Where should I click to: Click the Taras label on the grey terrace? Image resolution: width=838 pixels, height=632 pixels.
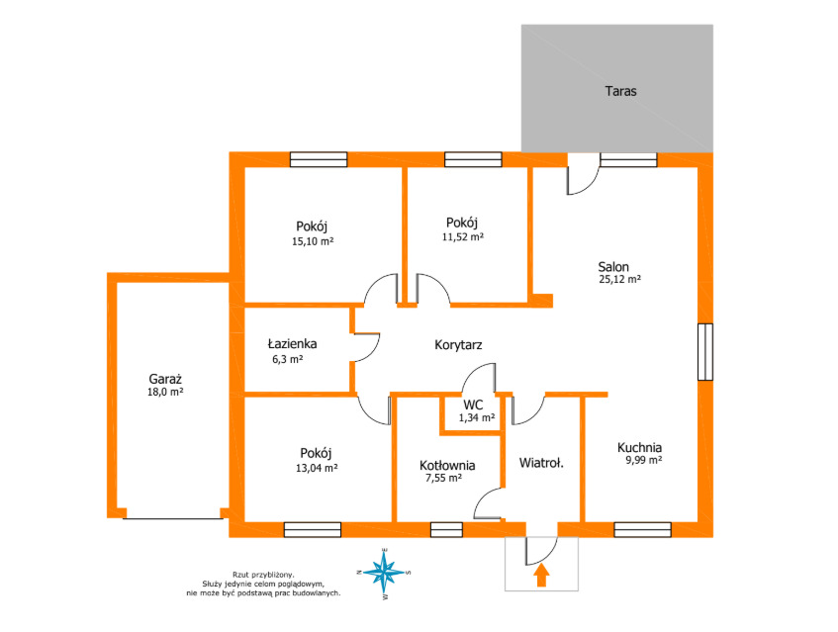[x=620, y=91]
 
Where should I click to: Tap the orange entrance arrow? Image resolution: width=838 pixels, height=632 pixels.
[x=541, y=576]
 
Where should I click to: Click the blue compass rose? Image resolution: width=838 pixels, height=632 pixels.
[x=383, y=573]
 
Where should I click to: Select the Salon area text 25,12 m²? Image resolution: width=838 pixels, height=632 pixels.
[x=620, y=279]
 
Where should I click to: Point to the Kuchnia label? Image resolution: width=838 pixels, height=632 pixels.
[x=639, y=447]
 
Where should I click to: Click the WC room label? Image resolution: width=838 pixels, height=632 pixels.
[x=473, y=405]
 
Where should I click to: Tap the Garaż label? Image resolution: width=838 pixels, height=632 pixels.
[x=165, y=379]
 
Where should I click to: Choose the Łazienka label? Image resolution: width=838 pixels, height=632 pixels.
[x=292, y=343]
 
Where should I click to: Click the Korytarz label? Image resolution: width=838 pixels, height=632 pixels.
[x=458, y=345]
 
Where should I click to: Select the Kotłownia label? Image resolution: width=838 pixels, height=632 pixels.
[x=447, y=465]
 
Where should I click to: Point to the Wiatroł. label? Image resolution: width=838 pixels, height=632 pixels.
[x=541, y=463]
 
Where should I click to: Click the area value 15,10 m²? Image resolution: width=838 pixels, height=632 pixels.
[x=313, y=241]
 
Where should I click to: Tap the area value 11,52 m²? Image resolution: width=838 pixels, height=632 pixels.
[x=463, y=236]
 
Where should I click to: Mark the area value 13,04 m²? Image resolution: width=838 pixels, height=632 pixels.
[x=317, y=468]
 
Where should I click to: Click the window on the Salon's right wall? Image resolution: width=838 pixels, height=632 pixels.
[x=704, y=351]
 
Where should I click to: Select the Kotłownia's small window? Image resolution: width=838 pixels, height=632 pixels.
[x=446, y=529]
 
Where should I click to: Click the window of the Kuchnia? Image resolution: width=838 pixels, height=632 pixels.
[x=642, y=529]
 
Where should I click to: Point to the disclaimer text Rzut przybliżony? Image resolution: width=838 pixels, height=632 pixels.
[x=263, y=575]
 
